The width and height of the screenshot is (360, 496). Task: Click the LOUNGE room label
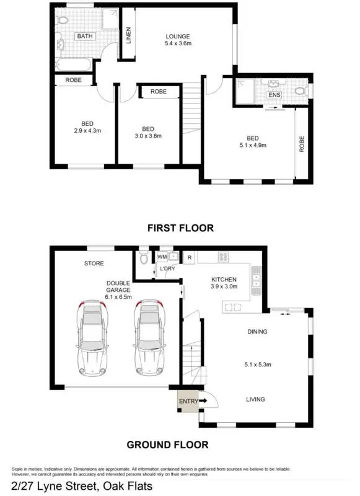[177, 36]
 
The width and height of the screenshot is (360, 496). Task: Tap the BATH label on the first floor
[84, 37]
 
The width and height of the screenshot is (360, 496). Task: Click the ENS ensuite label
[274, 95]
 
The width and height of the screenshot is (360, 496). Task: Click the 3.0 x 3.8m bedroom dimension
[148, 136]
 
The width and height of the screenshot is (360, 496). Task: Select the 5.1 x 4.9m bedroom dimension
[252, 146]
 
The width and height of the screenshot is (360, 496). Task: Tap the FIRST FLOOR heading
[180, 228]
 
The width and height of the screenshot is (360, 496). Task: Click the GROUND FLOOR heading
[167, 445]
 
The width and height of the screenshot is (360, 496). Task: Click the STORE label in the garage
[94, 263]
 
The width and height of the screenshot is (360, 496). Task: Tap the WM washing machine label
[162, 256]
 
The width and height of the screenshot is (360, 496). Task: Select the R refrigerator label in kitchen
[190, 257]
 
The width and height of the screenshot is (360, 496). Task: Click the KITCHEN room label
[224, 280]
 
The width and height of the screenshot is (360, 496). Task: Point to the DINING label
[257, 332]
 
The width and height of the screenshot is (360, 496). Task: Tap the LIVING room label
[255, 400]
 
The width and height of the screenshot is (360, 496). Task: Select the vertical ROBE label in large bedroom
[302, 144]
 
